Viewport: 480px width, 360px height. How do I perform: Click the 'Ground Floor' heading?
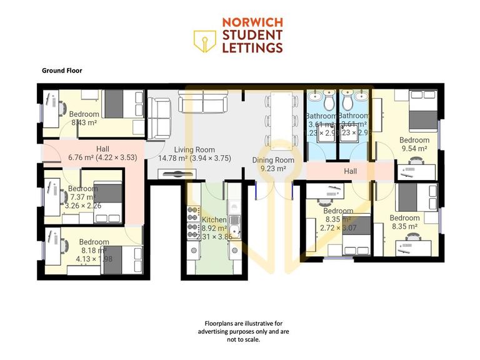(x=62, y=71)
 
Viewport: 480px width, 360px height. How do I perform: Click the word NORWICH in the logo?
(x=252, y=23)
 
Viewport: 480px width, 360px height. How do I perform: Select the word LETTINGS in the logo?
(x=252, y=47)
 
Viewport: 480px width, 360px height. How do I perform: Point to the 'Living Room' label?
(x=194, y=149)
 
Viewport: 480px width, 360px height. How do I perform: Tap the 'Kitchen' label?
(x=214, y=219)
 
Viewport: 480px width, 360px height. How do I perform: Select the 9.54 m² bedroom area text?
(x=414, y=149)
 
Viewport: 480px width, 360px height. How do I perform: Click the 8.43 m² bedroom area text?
(x=83, y=122)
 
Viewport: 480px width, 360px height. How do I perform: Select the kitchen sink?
(x=235, y=220)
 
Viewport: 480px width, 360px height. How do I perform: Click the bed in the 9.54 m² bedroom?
(x=423, y=111)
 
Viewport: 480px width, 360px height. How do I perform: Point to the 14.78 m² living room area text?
(x=194, y=158)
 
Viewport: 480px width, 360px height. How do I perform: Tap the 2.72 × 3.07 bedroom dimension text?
(x=338, y=228)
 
